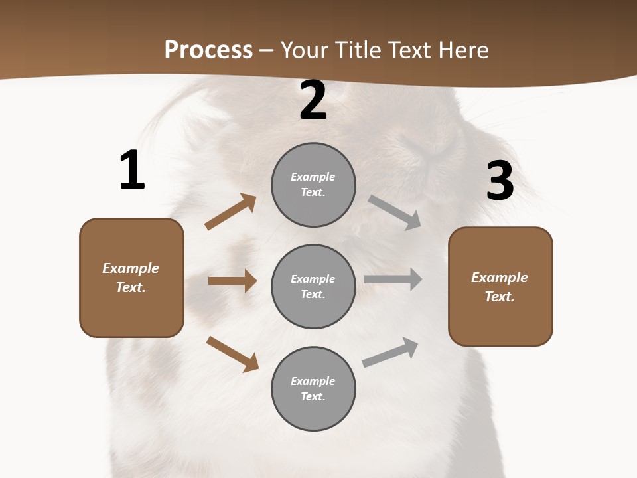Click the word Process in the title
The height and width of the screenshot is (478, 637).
click(208, 50)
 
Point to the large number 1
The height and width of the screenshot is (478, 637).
click(132, 171)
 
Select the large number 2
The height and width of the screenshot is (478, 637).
click(313, 101)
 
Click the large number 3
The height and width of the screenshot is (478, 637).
click(500, 181)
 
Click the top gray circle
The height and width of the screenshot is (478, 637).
click(313, 185)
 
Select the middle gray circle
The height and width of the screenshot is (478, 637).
click(313, 286)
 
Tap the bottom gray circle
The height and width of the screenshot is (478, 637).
click(313, 388)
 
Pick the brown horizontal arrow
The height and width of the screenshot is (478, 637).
click(232, 281)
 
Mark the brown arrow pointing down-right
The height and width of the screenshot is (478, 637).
click(232, 354)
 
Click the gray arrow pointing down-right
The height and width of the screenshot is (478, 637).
click(395, 212)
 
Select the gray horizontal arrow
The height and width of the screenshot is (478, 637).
click(393, 279)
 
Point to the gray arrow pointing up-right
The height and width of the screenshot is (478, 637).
click(390, 353)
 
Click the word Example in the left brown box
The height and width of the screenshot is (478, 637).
click(131, 268)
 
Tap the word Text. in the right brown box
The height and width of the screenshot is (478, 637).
click(500, 297)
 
